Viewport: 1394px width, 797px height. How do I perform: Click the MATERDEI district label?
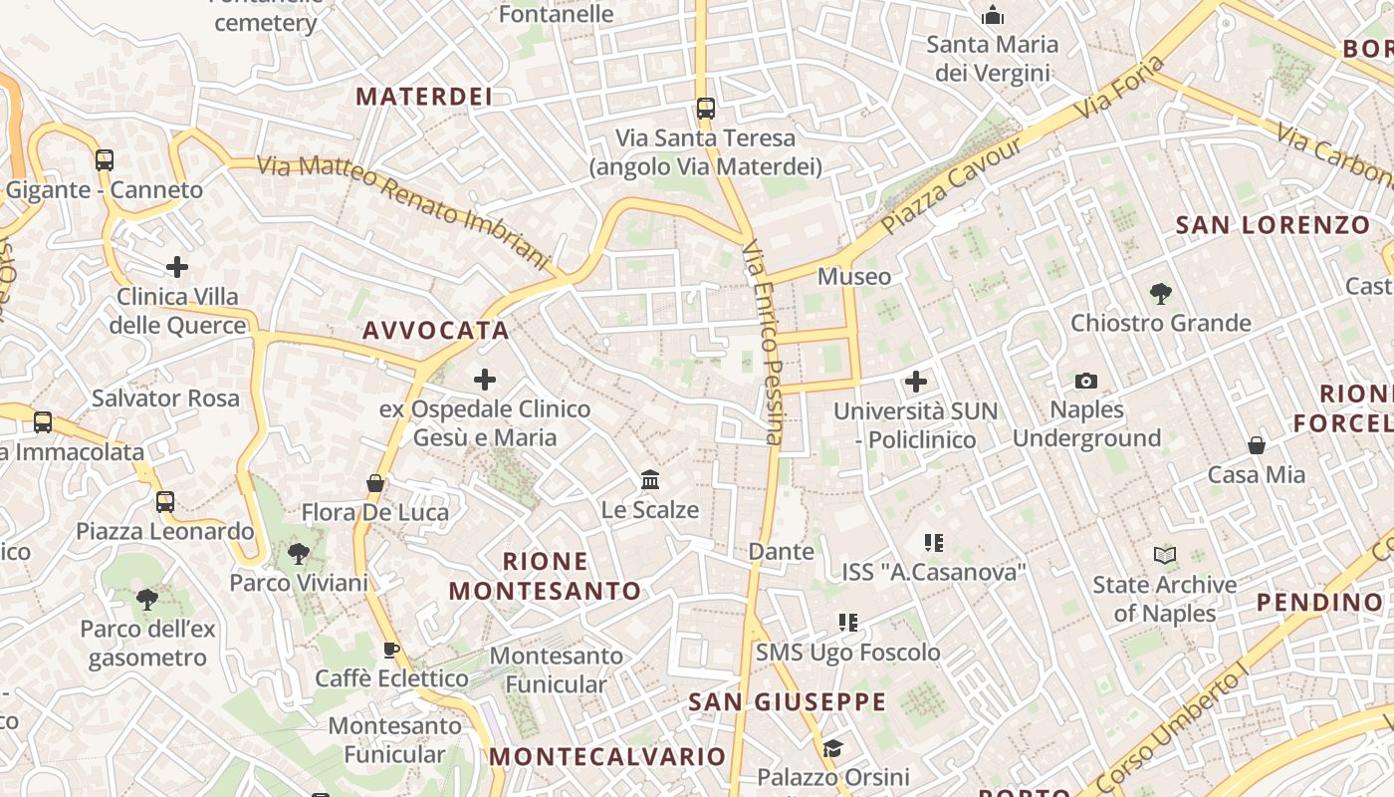424,97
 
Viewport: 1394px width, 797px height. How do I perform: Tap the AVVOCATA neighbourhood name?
436,331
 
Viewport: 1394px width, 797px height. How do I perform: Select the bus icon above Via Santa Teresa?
706,109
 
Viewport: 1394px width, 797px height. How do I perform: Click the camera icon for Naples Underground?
1086,381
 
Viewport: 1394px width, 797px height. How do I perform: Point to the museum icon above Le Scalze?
650,480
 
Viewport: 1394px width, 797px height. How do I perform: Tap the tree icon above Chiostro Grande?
1160,294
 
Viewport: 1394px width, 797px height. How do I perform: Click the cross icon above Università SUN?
915,382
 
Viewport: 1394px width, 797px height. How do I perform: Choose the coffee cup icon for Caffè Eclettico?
391,651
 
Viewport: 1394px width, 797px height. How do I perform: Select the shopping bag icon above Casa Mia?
1257,445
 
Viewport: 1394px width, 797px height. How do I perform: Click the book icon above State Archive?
1165,555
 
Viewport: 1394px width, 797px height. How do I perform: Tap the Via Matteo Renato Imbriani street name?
403,209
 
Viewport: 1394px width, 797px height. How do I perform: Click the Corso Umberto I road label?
1176,728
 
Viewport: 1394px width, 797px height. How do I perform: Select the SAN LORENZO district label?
1273,225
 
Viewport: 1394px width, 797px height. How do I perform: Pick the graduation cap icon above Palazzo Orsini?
832,748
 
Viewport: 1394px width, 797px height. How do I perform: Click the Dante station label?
781,551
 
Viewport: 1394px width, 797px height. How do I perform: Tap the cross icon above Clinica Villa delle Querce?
177,267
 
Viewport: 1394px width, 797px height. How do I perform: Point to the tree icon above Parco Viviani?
298,554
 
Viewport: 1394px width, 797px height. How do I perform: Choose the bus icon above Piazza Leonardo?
165,502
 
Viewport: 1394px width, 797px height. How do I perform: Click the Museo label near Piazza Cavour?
853,276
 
